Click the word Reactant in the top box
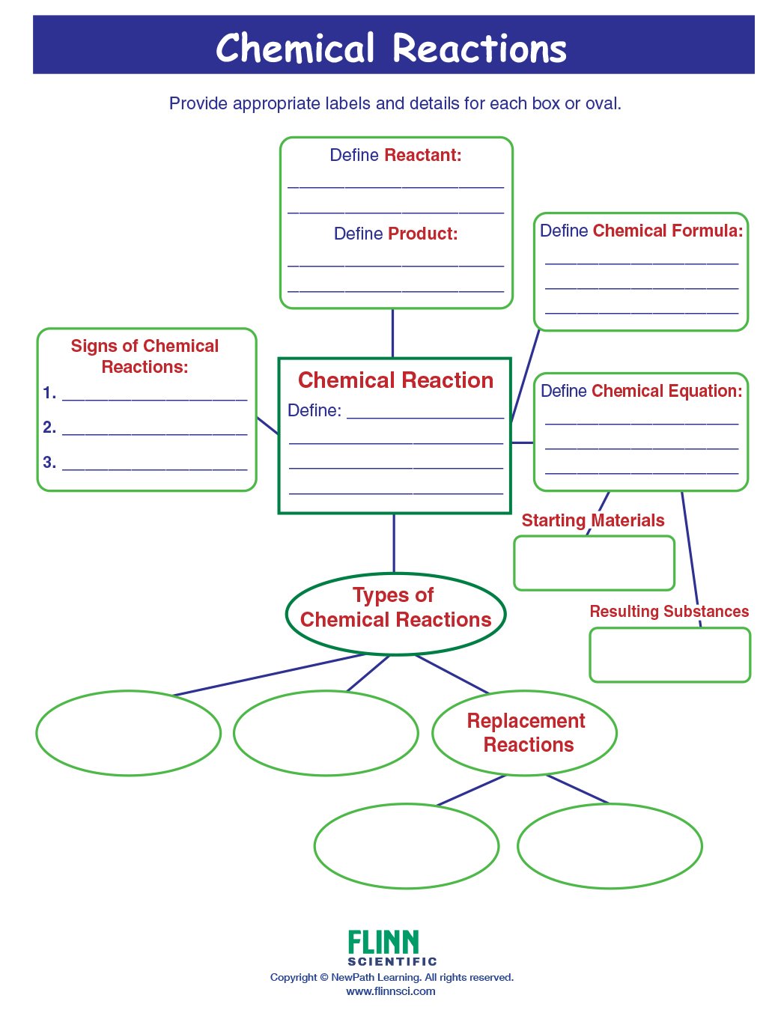click(x=422, y=155)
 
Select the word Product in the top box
click(x=422, y=234)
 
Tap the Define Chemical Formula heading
click(x=641, y=231)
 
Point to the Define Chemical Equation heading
click(x=641, y=391)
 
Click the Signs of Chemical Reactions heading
click(x=145, y=356)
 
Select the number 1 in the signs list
click(x=49, y=393)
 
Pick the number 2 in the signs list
click(x=49, y=428)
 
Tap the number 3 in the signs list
click(x=49, y=463)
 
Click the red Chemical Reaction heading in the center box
click(x=395, y=380)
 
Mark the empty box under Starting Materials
click(x=594, y=563)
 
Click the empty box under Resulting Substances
click(x=669, y=654)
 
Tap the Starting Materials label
click(x=592, y=520)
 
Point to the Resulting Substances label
click(x=669, y=611)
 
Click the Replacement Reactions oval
click(x=526, y=732)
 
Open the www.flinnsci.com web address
click(x=390, y=991)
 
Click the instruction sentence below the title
click(x=395, y=103)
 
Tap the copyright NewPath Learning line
click(x=392, y=977)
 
